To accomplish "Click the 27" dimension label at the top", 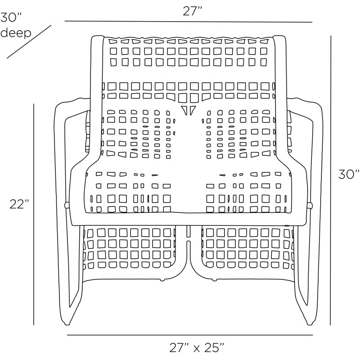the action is [x=192, y=11].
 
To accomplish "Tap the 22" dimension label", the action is [x=19, y=204].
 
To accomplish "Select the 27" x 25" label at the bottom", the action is [x=197, y=347].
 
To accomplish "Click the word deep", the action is [x=16, y=33].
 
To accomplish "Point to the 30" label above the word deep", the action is [x=11, y=17].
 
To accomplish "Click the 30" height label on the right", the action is [x=348, y=174].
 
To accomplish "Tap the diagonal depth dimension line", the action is [x=29, y=41].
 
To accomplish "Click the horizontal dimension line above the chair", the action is [x=189, y=22].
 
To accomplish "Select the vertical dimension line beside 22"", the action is [x=34, y=214].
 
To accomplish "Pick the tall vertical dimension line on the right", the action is [x=331, y=180].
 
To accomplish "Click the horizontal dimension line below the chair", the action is [x=190, y=335].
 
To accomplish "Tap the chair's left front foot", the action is [x=67, y=323].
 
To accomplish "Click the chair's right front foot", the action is [x=310, y=323].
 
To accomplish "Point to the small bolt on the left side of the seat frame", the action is [x=67, y=205].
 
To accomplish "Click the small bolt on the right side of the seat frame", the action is [x=310, y=205].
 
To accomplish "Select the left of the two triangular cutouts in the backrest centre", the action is [x=184, y=110].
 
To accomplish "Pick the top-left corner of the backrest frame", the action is [x=92, y=37].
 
